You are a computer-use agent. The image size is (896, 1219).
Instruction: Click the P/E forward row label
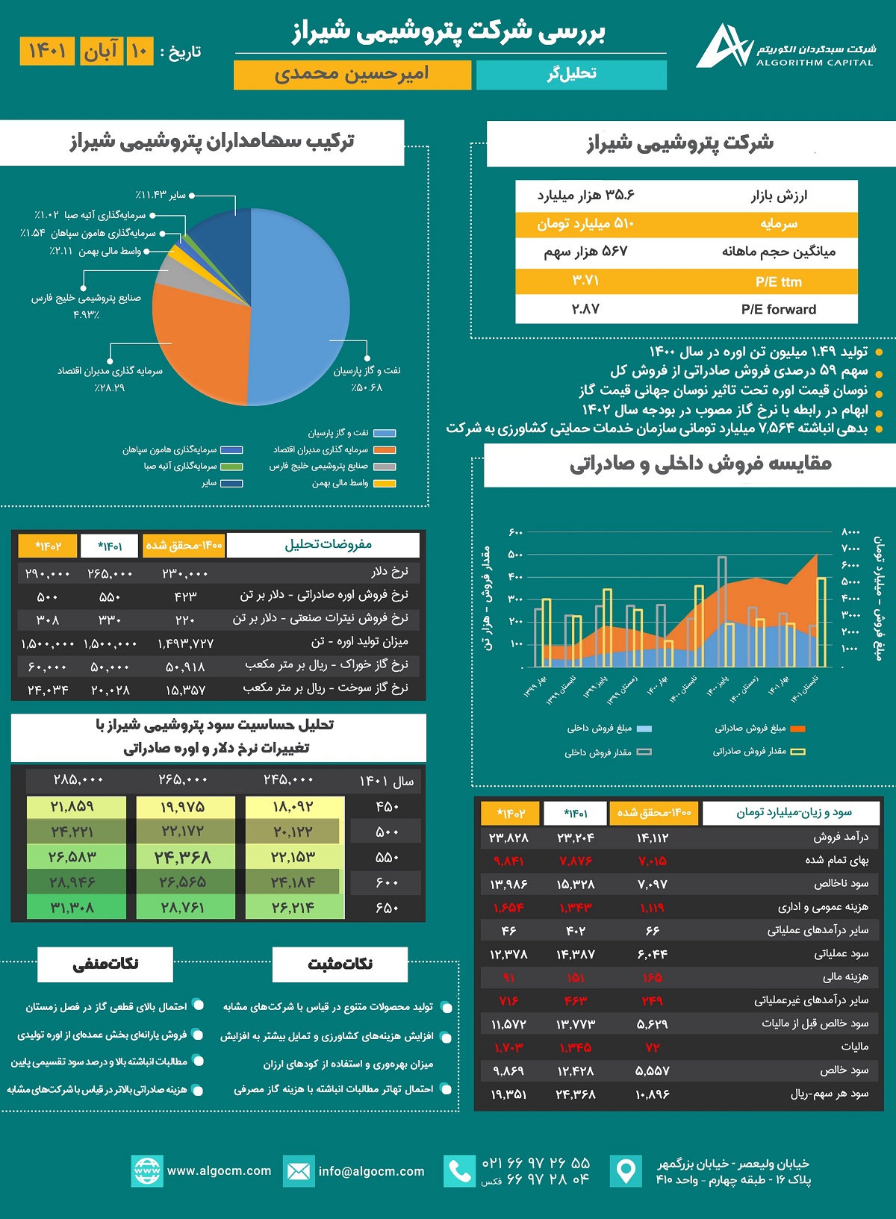pos(778,310)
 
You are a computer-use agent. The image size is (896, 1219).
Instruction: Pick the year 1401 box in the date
pos(47,51)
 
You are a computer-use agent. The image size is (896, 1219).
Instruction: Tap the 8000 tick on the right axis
pos(850,532)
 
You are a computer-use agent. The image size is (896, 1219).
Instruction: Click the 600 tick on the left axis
pos(515,532)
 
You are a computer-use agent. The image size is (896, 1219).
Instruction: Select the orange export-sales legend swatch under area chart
pos(797,729)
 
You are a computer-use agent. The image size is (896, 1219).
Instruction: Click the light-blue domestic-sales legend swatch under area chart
pos(644,729)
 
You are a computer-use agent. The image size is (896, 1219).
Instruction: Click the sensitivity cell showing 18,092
pos(293,807)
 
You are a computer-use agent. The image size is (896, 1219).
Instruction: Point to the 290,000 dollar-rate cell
pos(47,573)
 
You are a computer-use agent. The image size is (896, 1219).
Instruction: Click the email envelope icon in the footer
pos(298,1171)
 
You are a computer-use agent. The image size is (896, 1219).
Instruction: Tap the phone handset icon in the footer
pos(459,1171)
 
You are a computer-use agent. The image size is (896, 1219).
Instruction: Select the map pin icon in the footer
pos(626,1171)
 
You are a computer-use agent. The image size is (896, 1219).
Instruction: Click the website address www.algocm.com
pos(219,1171)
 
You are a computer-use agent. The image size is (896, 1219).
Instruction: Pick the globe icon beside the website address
pos(146,1171)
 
